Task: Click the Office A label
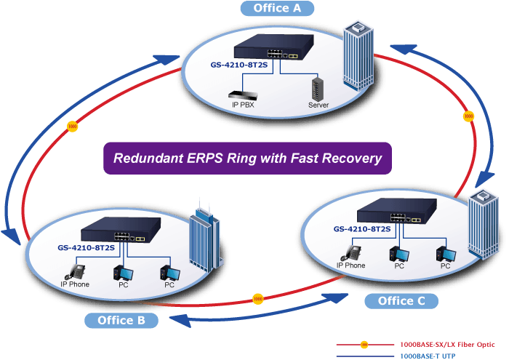(277, 8)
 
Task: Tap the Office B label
(121, 321)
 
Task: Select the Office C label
(401, 301)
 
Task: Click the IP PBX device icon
(243, 95)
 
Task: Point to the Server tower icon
(318, 89)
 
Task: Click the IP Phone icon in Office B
(75, 272)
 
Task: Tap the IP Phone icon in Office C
(351, 253)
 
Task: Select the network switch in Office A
(274, 47)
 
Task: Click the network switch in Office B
(121, 230)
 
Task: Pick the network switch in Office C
(397, 211)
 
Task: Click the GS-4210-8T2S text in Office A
(239, 65)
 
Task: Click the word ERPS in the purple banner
(205, 158)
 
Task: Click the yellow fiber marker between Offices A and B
(72, 127)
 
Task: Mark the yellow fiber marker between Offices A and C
(468, 116)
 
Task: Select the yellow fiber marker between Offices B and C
(257, 299)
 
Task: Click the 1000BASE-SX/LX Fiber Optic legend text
(447, 345)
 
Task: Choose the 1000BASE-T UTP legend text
(428, 356)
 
